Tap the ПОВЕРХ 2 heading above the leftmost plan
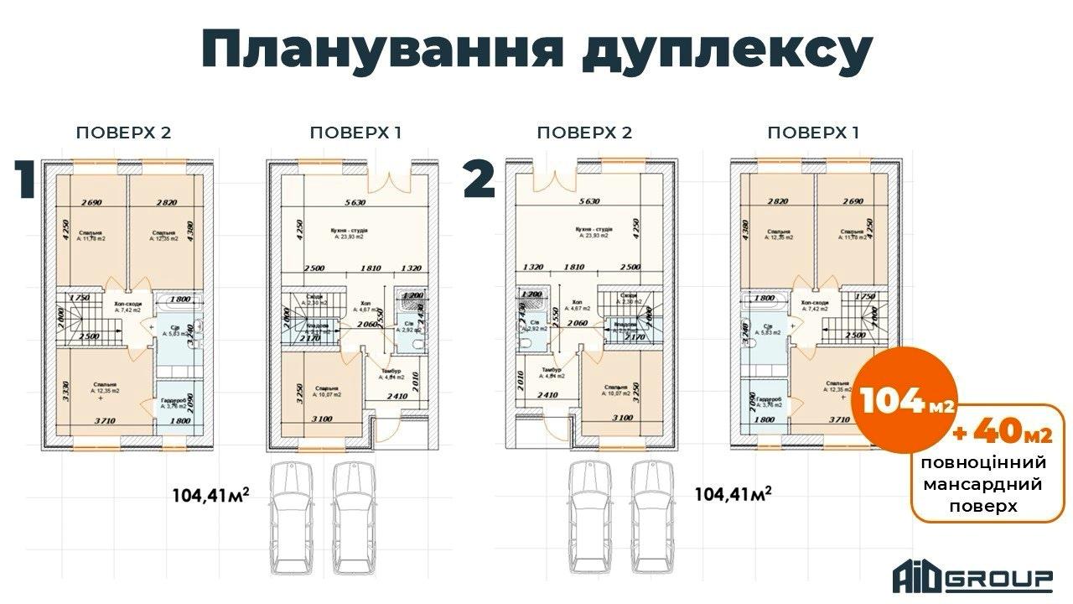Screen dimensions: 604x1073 coord(124,133)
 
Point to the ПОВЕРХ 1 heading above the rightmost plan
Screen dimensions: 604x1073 coord(814,133)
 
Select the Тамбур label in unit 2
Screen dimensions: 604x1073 coord(551,370)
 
